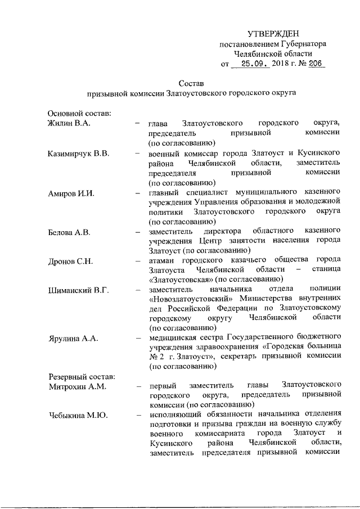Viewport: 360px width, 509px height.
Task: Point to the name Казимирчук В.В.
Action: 79,153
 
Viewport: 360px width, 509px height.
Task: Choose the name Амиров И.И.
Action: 71,193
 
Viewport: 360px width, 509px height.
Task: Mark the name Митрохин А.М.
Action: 77,386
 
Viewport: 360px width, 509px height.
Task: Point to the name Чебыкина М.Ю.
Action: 78,416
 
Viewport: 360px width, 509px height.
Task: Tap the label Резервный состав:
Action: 82,376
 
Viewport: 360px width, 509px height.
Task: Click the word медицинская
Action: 174,339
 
